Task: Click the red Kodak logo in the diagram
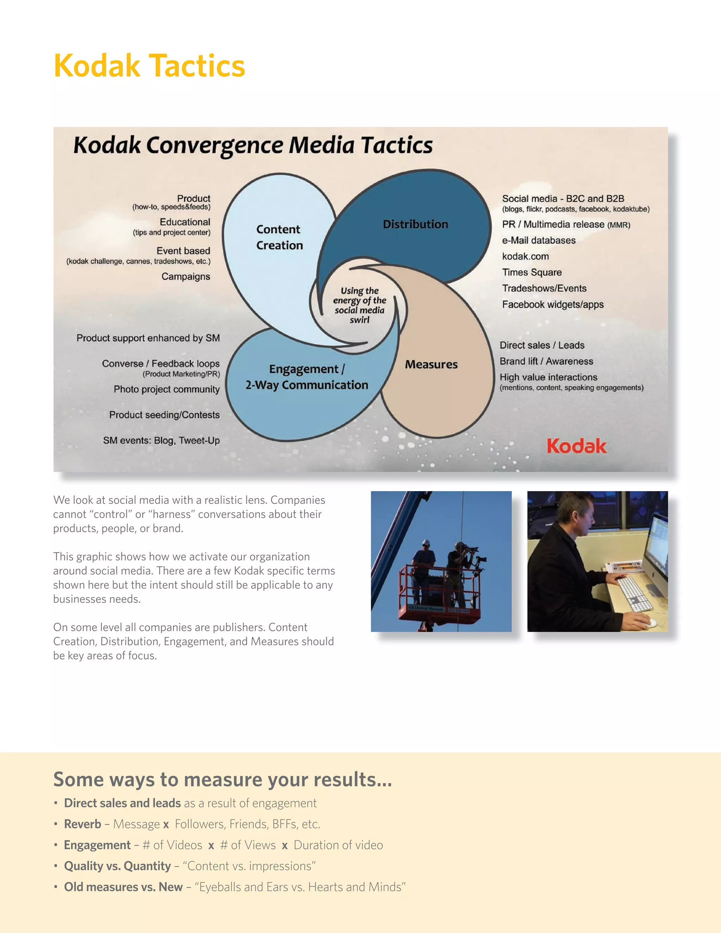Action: (576, 446)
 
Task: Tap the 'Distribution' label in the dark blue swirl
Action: (415, 224)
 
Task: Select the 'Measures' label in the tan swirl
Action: (431, 364)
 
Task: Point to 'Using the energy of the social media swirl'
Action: (360, 305)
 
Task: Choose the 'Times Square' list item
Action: (532, 272)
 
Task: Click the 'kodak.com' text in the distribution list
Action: (525, 256)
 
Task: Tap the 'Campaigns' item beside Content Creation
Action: (186, 276)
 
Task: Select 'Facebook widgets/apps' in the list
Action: (553, 305)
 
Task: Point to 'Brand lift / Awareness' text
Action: (546, 362)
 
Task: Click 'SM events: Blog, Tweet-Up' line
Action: (162, 440)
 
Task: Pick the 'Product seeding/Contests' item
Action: (164, 415)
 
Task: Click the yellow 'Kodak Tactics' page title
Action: (150, 66)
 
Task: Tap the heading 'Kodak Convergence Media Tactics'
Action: (253, 145)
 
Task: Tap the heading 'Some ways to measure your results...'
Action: (222, 779)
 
